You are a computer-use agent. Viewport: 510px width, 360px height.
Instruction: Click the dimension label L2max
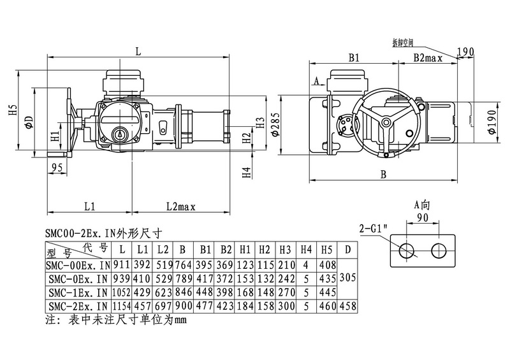click(x=180, y=206)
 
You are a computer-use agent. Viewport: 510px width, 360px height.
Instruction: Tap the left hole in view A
click(x=405, y=251)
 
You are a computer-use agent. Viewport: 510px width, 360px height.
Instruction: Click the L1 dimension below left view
click(x=89, y=206)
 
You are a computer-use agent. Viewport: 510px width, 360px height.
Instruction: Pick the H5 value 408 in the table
click(x=326, y=264)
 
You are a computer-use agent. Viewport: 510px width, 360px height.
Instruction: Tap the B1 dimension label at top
click(x=354, y=57)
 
